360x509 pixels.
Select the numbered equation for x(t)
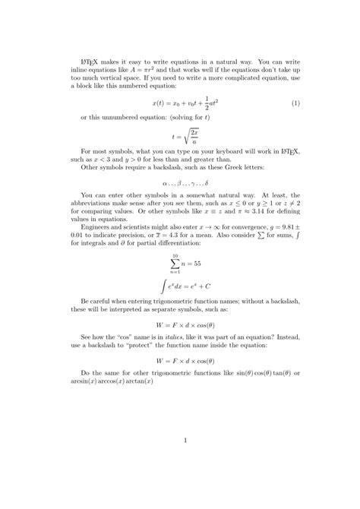(x=179, y=103)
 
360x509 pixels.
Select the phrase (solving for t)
(x=188, y=118)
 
